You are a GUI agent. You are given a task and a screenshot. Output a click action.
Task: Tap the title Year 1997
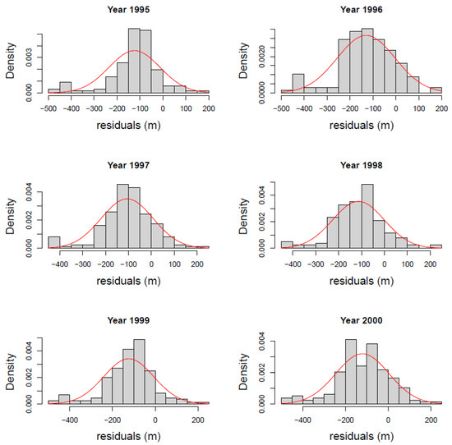point(128,165)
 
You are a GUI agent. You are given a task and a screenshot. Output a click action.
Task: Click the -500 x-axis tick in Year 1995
point(48,107)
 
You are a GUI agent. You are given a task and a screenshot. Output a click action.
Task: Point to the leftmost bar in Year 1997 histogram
point(53,241)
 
